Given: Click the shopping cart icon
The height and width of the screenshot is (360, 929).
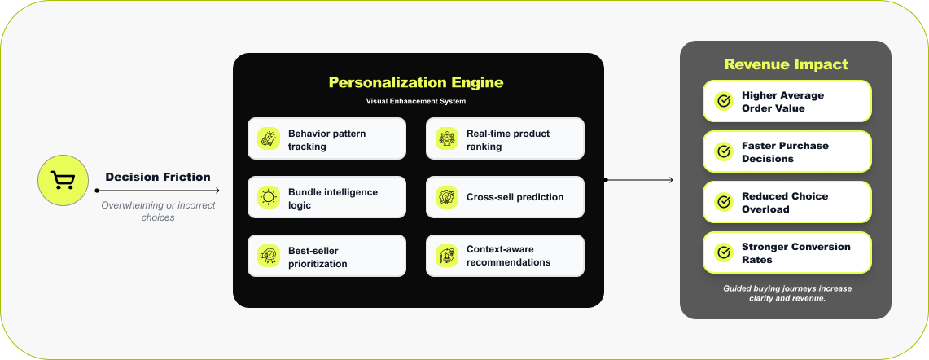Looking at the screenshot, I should coord(63,180).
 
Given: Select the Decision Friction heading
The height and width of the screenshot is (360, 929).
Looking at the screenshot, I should coord(158,177).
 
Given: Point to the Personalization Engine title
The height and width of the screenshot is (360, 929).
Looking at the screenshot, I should coord(415,82).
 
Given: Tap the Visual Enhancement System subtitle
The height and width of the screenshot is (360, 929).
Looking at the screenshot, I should coord(415,101).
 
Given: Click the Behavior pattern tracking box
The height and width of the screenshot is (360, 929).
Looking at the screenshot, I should coord(326,138).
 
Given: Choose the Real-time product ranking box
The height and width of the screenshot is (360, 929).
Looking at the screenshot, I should coord(505,138).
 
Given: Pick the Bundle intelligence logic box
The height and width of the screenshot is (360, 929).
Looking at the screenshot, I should coord(326,197).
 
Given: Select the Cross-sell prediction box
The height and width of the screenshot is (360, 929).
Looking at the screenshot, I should coord(505,197).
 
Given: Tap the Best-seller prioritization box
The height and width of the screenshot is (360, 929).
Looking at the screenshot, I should coord(326,256).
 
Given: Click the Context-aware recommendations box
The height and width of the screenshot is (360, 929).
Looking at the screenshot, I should coord(505,256).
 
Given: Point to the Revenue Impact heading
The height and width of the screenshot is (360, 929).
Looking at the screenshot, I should coord(786,64).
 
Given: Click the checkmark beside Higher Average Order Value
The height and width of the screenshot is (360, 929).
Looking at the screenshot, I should coord(723,101).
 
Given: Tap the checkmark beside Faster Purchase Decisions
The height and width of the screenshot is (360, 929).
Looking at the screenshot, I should coord(723,151).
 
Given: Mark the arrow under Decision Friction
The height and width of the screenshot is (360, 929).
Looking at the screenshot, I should coord(158,191).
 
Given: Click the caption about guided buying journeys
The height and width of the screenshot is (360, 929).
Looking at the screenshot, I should coord(787,293).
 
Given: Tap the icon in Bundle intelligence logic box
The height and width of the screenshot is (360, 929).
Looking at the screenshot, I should coord(268,197).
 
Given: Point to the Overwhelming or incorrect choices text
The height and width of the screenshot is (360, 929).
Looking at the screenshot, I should coord(158,211).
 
